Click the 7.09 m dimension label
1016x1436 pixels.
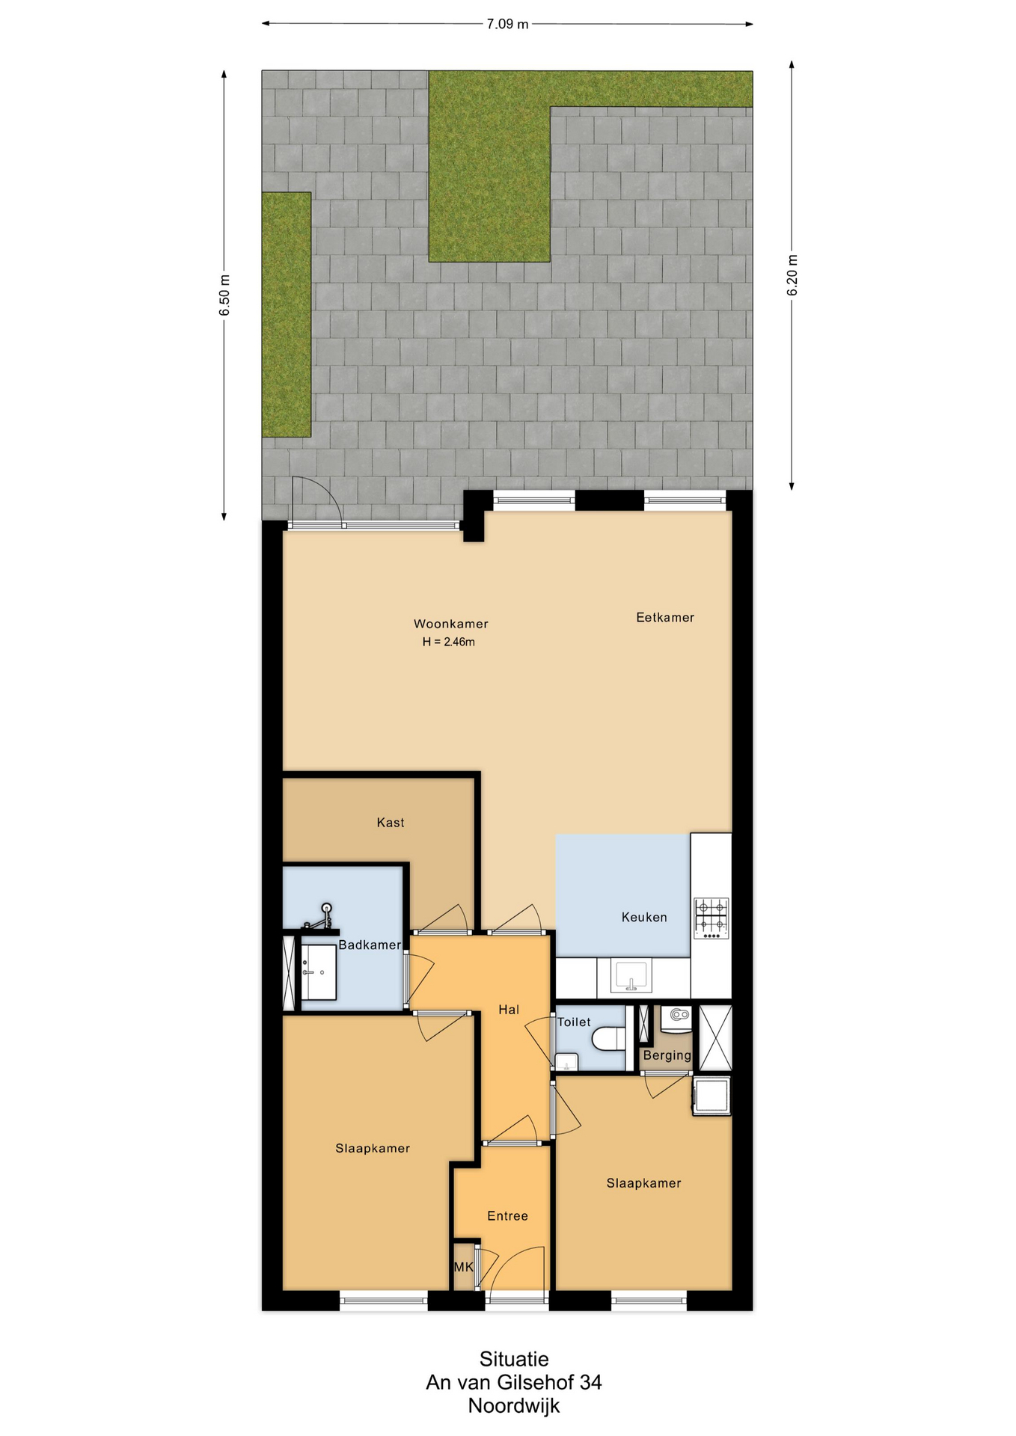pyautogui.click(x=507, y=24)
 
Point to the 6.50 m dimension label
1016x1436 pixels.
pyautogui.click(x=224, y=295)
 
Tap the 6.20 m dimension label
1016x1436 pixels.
pyautogui.click(x=792, y=275)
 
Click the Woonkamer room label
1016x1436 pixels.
pyautogui.click(x=450, y=624)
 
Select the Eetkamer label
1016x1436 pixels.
pyautogui.click(x=665, y=617)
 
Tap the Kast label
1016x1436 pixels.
pyautogui.click(x=391, y=823)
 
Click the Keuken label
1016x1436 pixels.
pyautogui.click(x=644, y=917)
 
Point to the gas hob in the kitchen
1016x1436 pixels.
pyautogui.click(x=711, y=918)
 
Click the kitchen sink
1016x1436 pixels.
pyautogui.click(x=631, y=976)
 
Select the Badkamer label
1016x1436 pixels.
pyautogui.click(x=370, y=945)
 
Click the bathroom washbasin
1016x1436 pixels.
pyautogui.click(x=318, y=972)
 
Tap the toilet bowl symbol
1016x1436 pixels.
pyautogui.click(x=608, y=1039)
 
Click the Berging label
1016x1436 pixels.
pyautogui.click(x=667, y=1055)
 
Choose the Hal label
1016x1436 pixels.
pyautogui.click(x=509, y=1010)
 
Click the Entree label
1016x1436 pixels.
pyautogui.click(x=507, y=1216)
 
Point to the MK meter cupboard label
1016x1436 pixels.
pyautogui.click(x=464, y=1267)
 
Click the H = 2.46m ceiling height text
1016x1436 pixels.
pyautogui.click(x=449, y=642)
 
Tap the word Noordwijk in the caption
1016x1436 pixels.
pyautogui.click(x=514, y=1406)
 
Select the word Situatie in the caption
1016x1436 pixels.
pyautogui.click(x=514, y=1359)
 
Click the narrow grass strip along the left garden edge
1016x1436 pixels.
pyautogui.click(x=286, y=315)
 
